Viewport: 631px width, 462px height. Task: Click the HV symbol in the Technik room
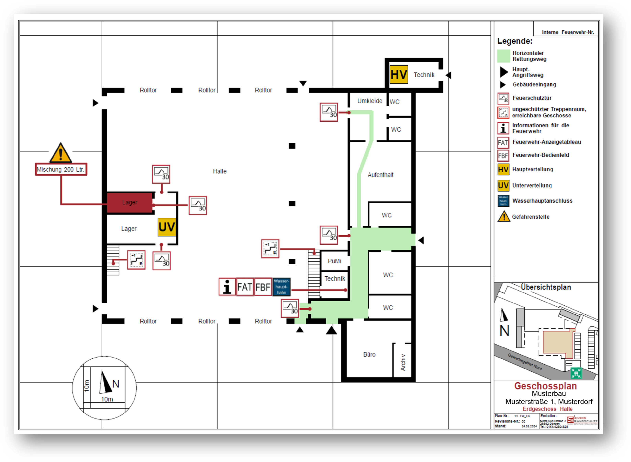399,75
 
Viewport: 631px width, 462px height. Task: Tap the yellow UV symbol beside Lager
167,227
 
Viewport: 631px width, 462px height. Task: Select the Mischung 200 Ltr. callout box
61,170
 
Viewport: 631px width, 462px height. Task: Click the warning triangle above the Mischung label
61,153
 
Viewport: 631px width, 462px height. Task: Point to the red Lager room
129,203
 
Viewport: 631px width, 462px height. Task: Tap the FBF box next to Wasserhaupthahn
263,287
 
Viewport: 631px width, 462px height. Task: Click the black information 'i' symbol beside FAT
227,287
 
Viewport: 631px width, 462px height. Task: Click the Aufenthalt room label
380,175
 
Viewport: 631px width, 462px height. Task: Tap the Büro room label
369,354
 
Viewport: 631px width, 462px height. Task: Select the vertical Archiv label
403,362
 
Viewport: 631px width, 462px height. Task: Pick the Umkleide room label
370,101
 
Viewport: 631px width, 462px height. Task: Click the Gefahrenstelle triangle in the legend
504,217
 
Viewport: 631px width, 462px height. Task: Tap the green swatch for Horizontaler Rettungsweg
504,56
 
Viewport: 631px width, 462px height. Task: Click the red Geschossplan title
545,386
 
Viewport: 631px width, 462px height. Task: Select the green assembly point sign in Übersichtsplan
576,373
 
